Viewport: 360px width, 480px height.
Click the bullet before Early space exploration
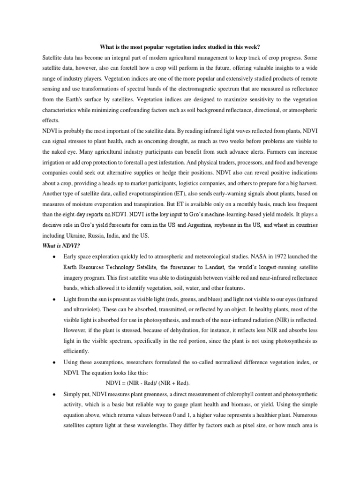pyautogui.click(x=55, y=257)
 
